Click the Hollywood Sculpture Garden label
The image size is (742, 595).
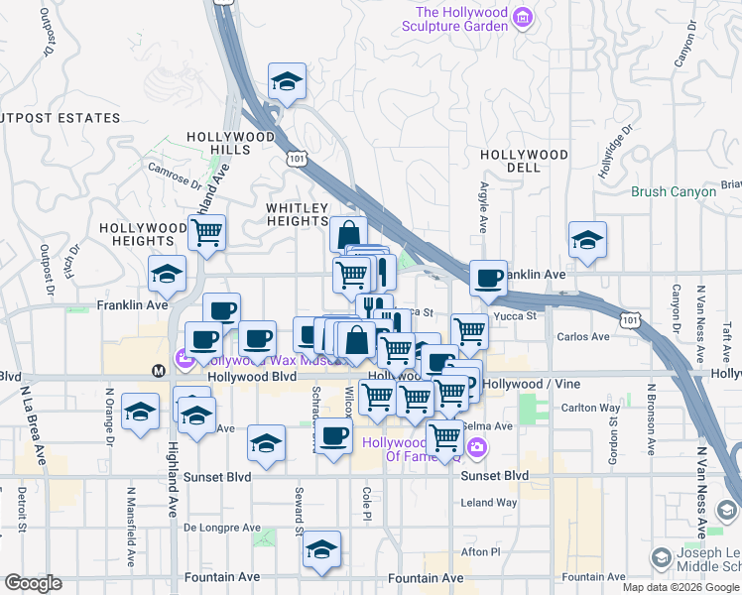pos(461,19)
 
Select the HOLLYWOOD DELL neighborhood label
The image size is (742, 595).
pos(524,161)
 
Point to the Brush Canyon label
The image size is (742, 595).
pos(674,191)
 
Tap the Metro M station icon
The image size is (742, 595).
pos(158,370)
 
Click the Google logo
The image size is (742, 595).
pos(34,583)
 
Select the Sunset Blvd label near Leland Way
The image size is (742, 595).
pos(495,476)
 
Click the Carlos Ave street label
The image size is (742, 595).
pos(584,336)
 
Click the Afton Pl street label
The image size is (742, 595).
pos(481,551)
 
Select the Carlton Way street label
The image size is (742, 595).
pos(591,408)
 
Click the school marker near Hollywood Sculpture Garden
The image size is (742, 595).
pos(287,83)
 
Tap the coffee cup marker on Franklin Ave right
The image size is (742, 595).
pos(488,279)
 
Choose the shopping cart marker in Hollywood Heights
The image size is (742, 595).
pos(207,233)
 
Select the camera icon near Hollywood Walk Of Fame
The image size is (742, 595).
pos(477,448)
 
